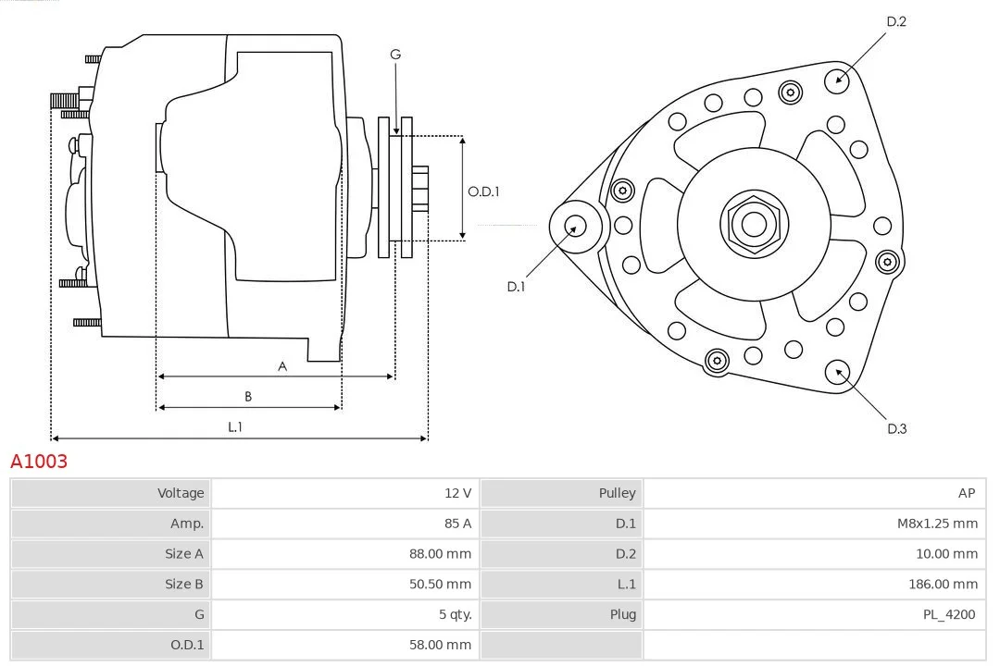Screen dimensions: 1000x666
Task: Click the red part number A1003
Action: [x=39, y=461]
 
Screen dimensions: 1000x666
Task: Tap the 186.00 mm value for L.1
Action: [x=943, y=584]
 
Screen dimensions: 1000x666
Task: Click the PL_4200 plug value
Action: [x=949, y=614]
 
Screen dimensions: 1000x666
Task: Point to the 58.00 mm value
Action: [x=440, y=645]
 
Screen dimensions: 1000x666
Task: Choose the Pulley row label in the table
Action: [x=617, y=493]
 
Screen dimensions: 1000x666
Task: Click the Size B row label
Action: [x=183, y=584]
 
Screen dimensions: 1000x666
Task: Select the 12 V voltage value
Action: [x=458, y=493]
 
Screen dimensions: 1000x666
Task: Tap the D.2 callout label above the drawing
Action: [x=896, y=21]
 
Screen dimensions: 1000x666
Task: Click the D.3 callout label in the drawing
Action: [x=896, y=429]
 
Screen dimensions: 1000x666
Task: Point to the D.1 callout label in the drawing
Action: [x=516, y=287]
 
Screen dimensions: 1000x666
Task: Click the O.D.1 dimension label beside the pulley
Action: [x=483, y=191]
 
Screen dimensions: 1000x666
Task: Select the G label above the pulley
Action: [x=395, y=55]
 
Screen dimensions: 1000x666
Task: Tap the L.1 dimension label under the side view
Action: [x=234, y=427]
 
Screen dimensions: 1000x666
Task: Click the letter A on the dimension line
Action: [x=282, y=366]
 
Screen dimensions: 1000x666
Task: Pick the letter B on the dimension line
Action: [x=248, y=397]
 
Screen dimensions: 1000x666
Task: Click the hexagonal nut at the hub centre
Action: [x=754, y=224]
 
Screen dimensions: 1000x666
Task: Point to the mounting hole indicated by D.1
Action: [x=576, y=227]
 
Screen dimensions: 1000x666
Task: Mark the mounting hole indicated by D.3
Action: [x=837, y=373]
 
